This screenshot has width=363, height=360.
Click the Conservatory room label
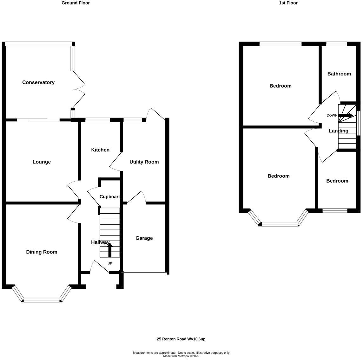[38, 82]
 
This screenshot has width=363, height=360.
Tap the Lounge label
[42, 162]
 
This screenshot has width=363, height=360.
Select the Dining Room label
[42, 252]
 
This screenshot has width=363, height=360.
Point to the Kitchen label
[100, 150]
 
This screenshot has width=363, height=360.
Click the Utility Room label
[144, 162]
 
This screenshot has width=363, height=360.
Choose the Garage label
[144, 238]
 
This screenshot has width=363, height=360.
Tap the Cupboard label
[110, 196]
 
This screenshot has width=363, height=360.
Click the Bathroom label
[339, 74]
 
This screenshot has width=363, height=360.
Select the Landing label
[339, 131]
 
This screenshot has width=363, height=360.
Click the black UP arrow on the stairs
[110, 250]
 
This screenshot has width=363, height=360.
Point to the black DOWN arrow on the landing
[346, 115]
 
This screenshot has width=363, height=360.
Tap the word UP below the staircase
[110, 263]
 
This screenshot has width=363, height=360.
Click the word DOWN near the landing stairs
[332, 115]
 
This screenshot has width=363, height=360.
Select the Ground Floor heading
[76, 3]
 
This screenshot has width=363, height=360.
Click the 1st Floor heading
[288, 3]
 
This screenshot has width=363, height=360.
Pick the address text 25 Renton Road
[172, 339]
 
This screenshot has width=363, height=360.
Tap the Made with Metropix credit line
[181, 356]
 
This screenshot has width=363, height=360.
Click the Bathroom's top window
[337, 44]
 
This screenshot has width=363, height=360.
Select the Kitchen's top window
[98, 120]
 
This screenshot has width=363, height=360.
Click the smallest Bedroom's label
[337, 181]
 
